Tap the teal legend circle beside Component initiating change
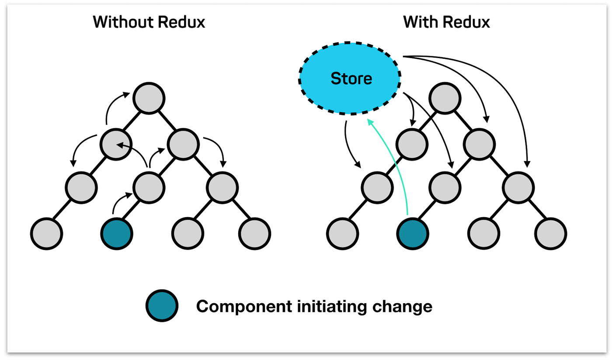[162, 306]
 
